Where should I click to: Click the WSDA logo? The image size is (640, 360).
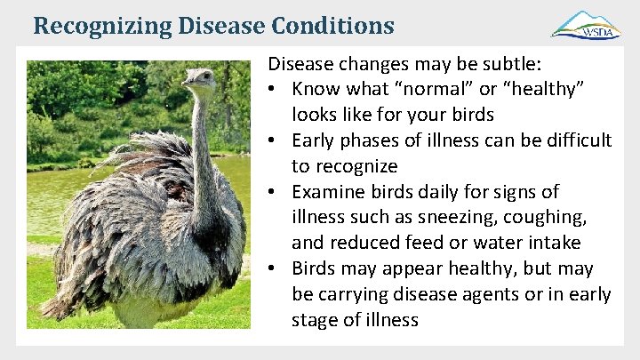click(x=586, y=25)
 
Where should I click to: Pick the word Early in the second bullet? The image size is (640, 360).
click(x=316, y=140)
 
